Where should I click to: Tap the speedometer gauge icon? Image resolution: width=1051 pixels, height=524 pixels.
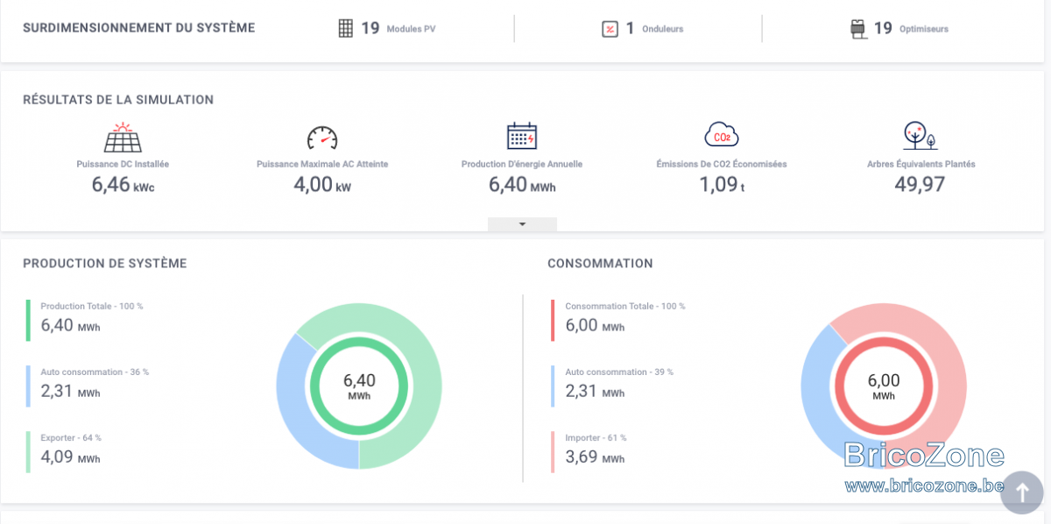[x=322, y=138]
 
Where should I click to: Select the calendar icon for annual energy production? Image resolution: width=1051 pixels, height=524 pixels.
[x=522, y=136]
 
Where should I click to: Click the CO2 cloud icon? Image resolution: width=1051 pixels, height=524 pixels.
[x=722, y=135]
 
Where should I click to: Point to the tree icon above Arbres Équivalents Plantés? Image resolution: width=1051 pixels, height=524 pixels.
[x=921, y=136]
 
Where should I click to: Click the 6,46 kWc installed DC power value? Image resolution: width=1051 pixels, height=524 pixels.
[x=123, y=185]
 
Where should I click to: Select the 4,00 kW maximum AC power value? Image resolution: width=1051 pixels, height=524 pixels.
[x=322, y=185]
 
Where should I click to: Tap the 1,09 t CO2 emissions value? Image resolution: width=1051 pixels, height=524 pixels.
[x=722, y=185]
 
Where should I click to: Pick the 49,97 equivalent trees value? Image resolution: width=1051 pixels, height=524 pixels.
[x=920, y=184]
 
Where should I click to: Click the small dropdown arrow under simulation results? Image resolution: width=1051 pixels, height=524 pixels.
[x=522, y=224]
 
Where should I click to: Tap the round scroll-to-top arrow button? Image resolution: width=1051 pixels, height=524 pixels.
[x=1022, y=492]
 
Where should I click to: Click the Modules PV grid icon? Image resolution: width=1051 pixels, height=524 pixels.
[x=346, y=28]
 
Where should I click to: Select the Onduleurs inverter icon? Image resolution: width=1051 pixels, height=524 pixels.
[x=610, y=29]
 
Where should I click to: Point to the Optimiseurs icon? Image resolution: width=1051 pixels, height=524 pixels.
[x=858, y=29]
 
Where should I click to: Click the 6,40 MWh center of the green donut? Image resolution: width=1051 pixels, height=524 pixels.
[x=359, y=386]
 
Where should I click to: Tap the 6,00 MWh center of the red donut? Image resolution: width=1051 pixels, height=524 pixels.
[x=884, y=386]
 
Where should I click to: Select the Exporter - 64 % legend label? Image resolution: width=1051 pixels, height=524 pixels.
[x=71, y=437]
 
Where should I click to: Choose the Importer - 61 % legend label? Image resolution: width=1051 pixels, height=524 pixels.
[x=596, y=437]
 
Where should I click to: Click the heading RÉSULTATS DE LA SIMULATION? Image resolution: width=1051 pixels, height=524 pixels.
[x=118, y=100]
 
